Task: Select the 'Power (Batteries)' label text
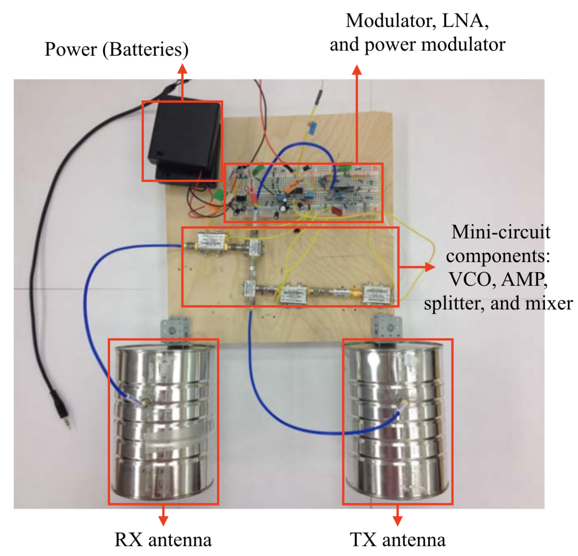coord(116,49)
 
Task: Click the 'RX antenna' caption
coord(163,540)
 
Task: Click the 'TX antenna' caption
coord(398,540)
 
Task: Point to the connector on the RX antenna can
coord(144,401)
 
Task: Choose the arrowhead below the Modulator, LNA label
coord(357,70)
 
